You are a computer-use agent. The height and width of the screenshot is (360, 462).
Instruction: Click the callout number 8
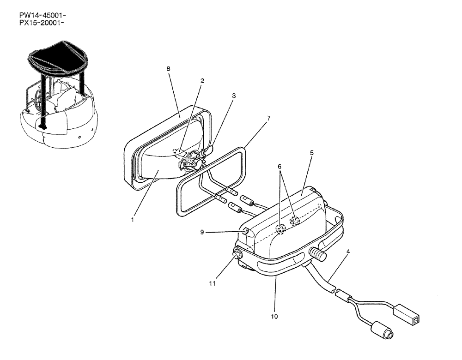[x=168, y=69]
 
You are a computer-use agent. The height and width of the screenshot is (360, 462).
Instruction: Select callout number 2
[x=202, y=80]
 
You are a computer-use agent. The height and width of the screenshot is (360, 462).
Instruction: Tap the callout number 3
[x=234, y=96]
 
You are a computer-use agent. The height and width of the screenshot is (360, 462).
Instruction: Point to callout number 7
[x=268, y=118]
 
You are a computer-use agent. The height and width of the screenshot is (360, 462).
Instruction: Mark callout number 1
[x=132, y=220]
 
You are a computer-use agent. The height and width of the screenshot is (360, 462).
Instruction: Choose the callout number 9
[x=202, y=232]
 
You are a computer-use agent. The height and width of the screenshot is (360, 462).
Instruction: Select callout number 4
[x=348, y=252]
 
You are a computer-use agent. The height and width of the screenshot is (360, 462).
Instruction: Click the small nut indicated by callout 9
[x=246, y=231]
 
